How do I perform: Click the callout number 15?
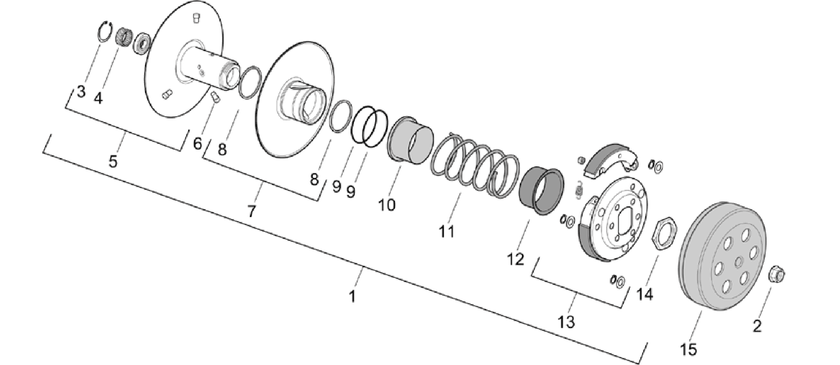(x=689, y=350)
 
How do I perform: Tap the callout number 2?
(x=757, y=326)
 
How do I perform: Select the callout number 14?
(x=644, y=294)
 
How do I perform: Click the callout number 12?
(x=516, y=259)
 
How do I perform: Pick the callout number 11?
(x=447, y=231)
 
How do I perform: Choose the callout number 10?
(x=387, y=204)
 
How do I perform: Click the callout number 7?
(x=252, y=211)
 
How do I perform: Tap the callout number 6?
(x=198, y=143)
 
